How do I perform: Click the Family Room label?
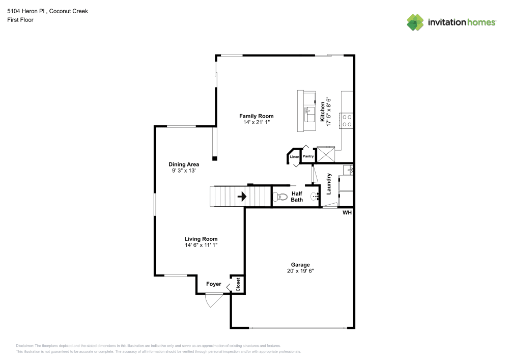pos(257,116)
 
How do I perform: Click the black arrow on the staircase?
pos(241,196)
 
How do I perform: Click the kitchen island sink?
pos(308,113)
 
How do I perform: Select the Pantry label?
pos(308,156)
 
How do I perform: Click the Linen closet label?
pos(294,157)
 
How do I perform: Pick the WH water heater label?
pos(347,212)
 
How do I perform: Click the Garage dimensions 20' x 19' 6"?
pos(300,271)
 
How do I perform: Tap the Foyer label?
pos(214,284)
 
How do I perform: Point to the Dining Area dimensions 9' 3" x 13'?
pos(184,171)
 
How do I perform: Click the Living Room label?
pos(201,239)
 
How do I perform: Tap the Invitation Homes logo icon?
pos(415,22)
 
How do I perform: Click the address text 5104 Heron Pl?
pos(26,11)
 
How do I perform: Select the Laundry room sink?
pos(347,170)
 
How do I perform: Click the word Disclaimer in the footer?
pos(24,345)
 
